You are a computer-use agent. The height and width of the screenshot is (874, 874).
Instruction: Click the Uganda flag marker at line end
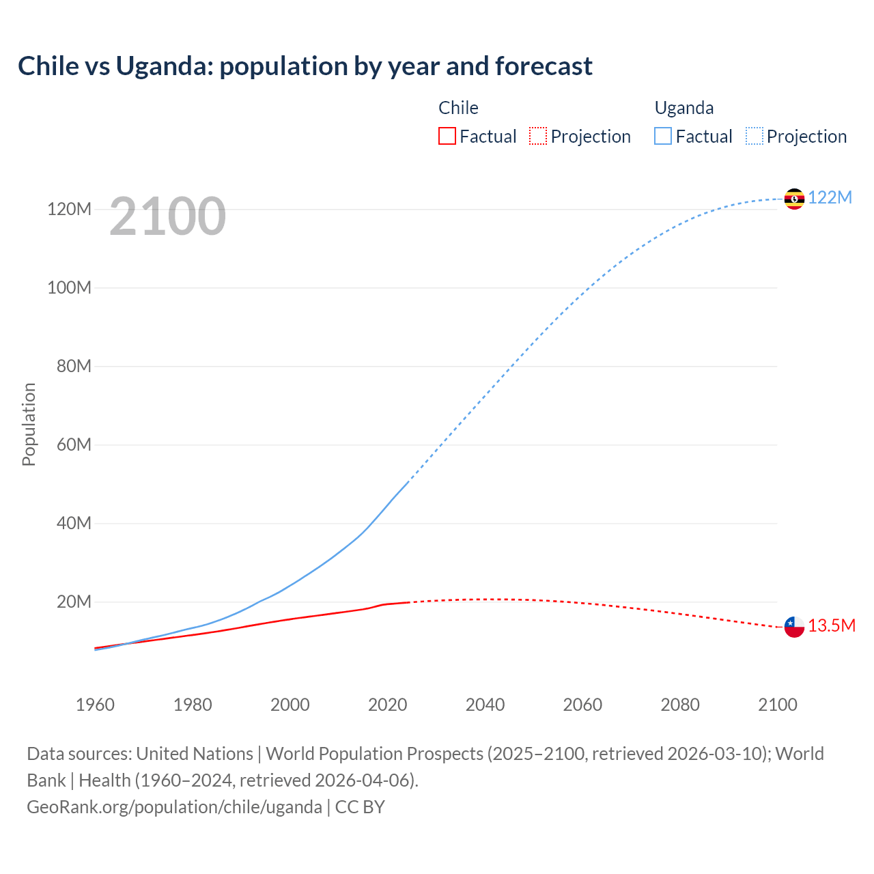[794, 199]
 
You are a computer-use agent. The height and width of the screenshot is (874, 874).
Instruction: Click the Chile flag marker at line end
[794, 627]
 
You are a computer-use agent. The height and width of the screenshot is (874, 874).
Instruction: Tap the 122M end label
[830, 197]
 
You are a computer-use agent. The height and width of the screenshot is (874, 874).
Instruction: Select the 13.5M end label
[832, 625]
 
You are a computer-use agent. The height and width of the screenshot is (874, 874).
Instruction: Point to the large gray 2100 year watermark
[167, 216]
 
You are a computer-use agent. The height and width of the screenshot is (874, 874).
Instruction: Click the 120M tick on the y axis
[69, 209]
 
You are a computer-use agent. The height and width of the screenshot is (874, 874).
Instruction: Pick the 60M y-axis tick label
[74, 445]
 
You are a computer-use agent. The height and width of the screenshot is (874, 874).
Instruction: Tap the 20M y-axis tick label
[74, 602]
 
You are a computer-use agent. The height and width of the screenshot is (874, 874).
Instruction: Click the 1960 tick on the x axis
[95, 705]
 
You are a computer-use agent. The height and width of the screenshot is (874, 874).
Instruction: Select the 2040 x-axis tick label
[485, 705]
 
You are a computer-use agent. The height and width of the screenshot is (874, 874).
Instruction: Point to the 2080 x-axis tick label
[680, 705]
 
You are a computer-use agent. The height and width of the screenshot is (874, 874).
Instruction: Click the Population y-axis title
[29, 424]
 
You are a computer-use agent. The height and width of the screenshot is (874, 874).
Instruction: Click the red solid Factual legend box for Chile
[447, 136]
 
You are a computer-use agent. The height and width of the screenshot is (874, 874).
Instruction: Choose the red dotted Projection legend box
[538, 136]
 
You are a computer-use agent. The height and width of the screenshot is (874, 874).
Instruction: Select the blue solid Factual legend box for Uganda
[663, 136]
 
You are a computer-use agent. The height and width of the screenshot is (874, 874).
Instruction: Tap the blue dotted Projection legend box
[755, 136]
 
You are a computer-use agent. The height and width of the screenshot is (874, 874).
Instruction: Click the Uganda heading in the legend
[684, 108]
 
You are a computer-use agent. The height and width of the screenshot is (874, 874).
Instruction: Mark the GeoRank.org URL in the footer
[174, 807]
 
